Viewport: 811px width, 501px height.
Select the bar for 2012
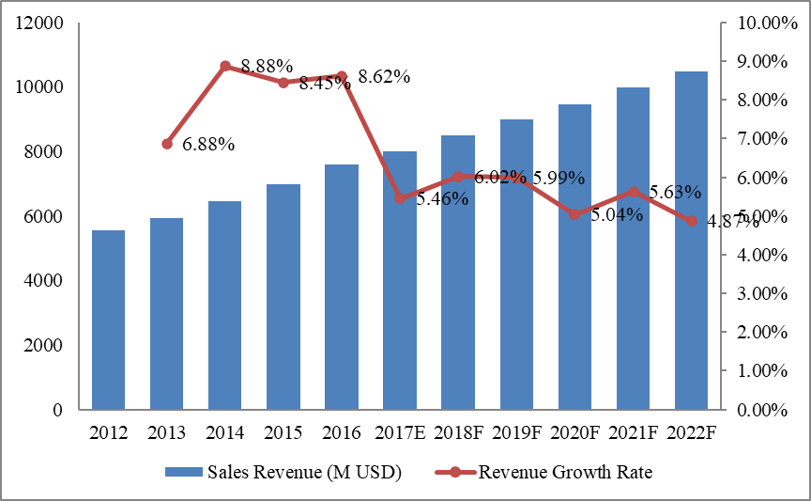coord(109,320)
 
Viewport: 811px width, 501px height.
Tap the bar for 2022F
coord(692,241)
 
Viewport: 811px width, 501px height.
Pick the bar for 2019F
coord(517,264)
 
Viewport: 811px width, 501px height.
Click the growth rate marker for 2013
coord(167,144)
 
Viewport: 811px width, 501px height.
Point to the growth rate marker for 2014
coord(225,66)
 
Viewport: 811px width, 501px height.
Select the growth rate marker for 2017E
coord(401,198)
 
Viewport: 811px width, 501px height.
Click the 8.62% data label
coord(384,77)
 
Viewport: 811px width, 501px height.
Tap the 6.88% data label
coord(208,145)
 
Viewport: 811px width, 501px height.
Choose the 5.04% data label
coord(617,215)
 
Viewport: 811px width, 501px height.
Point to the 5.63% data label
coord(675,193)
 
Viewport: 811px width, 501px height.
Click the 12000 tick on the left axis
coord(44,23)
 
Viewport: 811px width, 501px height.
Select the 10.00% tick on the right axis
coord(760,23)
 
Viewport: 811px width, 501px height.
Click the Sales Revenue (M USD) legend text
coord(303,473)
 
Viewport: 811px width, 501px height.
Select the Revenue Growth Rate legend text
coord(565,473)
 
